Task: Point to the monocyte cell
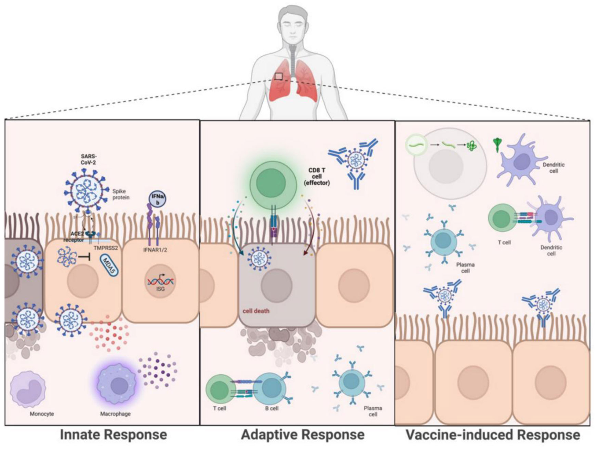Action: click(28, 391)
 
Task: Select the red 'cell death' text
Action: click(256, 311)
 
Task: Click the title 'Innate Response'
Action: click(114, 435)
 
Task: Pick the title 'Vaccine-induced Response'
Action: click(492, 435)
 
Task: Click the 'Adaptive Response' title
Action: click(302, 435)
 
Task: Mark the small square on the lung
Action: click(279, 76)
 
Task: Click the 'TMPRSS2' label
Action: click(105, 248)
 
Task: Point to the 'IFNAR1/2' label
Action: click(155, 250)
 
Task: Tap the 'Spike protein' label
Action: click(121, 194)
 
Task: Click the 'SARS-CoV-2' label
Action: click(87, 159)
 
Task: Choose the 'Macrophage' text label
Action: click(115, 414)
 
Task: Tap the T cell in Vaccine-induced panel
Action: click(502, 219)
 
